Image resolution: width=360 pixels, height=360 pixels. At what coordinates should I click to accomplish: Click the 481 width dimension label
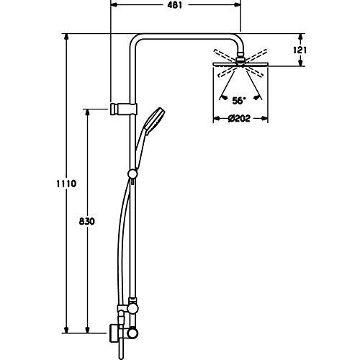(x=174, y=5)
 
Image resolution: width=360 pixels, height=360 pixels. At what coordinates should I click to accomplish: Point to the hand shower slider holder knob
(x=132, y=173)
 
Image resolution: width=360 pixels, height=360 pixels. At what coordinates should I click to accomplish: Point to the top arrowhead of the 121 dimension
(x=302, y=37)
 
